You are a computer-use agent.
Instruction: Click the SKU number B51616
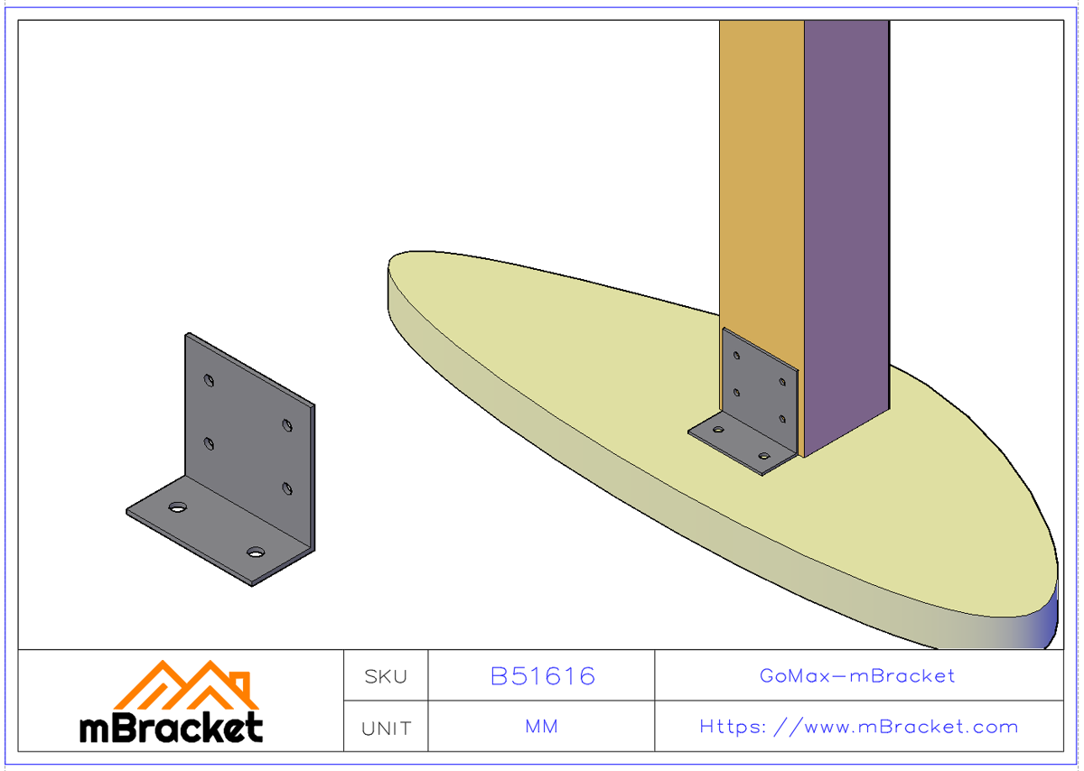pos(542,676)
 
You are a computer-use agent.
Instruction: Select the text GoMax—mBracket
pos(857,675)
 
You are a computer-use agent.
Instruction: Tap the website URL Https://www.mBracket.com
pos(858,727)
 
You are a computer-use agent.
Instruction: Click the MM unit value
pos(541,727)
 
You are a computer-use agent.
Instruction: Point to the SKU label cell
pos(386,676)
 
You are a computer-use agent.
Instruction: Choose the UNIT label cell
pos(386,728)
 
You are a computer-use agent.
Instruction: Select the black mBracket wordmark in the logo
pos(172,727)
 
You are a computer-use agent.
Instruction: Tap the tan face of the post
pos(761,181)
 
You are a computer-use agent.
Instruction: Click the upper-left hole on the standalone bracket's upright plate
pos(210,380)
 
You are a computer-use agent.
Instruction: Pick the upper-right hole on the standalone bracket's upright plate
pos(287,425)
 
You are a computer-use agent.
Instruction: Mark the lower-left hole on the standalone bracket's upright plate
pos(210,443)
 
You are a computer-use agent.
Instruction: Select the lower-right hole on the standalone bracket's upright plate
pos(287,489)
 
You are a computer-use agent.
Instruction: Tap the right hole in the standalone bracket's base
pos(257,551)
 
